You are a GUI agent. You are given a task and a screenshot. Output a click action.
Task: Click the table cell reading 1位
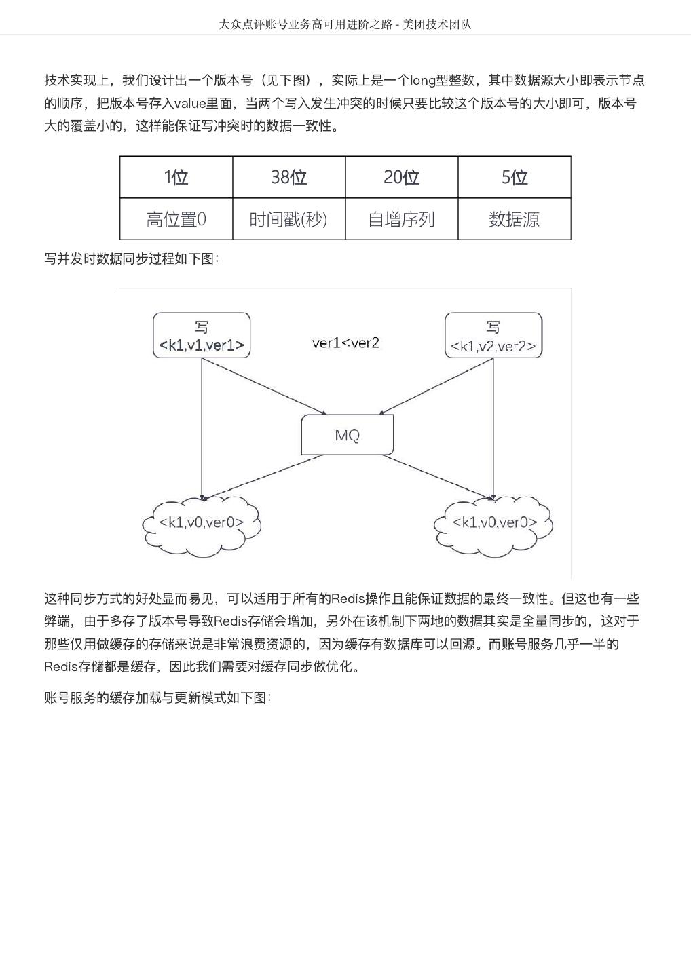click(x=176, y=177)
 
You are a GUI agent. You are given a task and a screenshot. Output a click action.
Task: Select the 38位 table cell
click(x=288, y=177)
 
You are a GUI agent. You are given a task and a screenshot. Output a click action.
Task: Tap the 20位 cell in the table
click(x=401, y=177)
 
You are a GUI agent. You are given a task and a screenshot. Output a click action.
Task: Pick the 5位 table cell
click(x=514, y=177)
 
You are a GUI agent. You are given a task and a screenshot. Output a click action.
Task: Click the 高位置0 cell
click(x=176, y=219)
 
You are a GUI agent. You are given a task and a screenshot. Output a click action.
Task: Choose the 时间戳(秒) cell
click(x=288, y=219)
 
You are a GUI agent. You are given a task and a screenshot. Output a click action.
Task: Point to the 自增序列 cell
click(x=401, y=219)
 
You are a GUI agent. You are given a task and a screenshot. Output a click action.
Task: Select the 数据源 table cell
click(x=514, y=219)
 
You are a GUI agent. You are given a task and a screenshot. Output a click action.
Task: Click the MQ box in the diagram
click(x=347, y=435)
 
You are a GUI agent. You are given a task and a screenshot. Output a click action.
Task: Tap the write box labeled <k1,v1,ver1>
click(x=202, y=335)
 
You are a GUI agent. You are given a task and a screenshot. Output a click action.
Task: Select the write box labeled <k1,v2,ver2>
click(x=493, y=335)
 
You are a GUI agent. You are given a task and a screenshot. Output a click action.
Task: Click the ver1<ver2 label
click(x=345, y=343)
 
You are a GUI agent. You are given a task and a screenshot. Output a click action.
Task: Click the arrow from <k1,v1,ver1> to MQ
click(x=265, y=386)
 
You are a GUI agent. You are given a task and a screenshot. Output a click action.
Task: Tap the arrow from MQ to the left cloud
click(x=261, y=478)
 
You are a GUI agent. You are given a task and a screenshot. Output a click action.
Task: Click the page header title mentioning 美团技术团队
click(x=345, y=24)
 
